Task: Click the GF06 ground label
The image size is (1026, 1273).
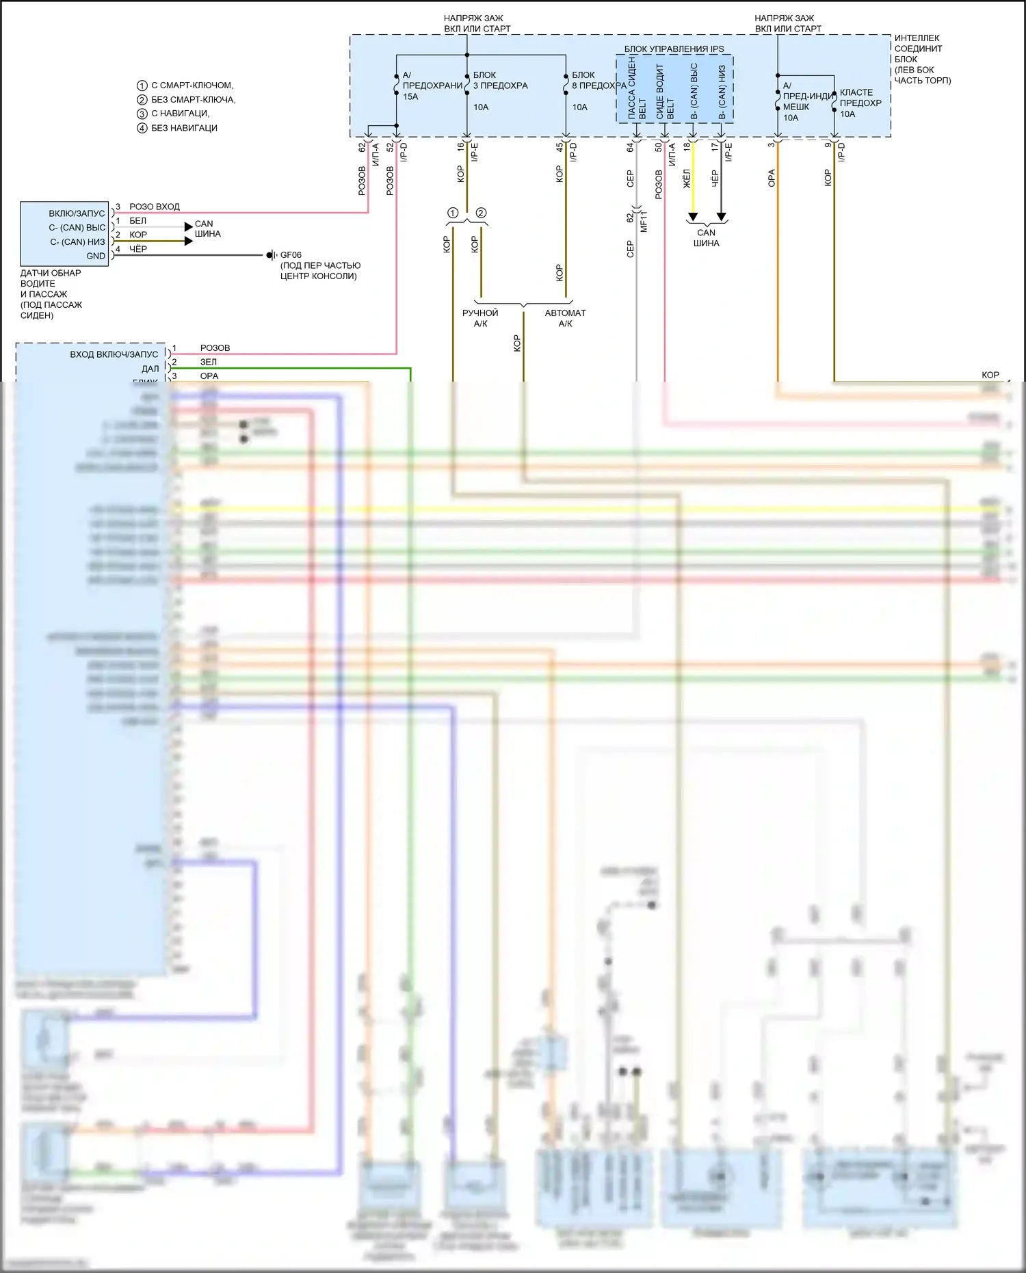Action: pos(291,255)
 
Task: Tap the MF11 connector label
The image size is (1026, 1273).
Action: pos(644,222)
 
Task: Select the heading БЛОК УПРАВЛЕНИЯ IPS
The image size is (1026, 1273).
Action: pos(674,49)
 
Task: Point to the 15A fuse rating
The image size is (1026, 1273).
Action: pos(410,97)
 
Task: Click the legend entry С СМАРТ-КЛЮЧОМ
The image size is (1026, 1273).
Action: pos(192,86)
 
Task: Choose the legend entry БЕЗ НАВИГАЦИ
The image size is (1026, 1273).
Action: pos(184,128)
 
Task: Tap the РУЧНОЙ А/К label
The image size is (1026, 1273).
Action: pos(480,318)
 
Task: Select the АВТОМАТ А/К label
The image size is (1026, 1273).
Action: pos(565,318)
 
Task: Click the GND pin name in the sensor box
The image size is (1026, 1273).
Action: pos(96,257)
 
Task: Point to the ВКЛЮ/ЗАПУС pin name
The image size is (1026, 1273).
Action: pos(77,213)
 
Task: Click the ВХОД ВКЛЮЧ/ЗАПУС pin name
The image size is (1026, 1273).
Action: pos(114,354)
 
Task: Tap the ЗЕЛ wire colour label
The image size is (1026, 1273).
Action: pos(209,362)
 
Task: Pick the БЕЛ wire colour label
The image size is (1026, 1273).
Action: pos(137,221)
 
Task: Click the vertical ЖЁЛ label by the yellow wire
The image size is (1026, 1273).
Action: pos(687,179)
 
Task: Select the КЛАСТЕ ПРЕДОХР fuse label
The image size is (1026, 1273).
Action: pos(860,98)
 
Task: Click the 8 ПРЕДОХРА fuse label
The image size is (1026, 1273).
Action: pos(598,86)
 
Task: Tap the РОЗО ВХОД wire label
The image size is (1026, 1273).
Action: pos(155,207)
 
